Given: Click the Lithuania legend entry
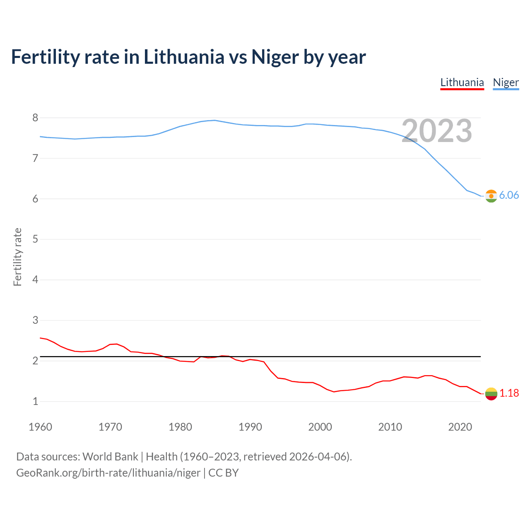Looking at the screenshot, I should click(462, 82).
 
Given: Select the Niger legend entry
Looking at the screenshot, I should click(506, 82).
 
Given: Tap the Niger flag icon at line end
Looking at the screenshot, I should click(491, 196).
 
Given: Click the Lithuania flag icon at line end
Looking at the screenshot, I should click(491, 393).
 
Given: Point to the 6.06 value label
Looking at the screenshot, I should click(509, 195).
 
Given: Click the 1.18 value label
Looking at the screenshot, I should click(509, 393).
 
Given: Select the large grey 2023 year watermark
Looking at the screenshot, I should click(437, 131).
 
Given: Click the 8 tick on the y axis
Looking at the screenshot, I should click(35, 118).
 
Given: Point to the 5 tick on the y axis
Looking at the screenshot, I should click(35, 239).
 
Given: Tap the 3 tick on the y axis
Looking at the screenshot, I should click(35, 320).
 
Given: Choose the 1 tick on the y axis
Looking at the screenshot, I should click(35, 401).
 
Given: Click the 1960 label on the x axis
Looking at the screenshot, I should click(40, 427).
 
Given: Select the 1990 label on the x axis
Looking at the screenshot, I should click(250, 427).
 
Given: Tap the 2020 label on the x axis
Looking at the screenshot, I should click(460, 427).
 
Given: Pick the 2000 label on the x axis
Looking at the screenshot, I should click(320, 427).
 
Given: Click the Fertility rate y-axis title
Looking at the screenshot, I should click(17, 257).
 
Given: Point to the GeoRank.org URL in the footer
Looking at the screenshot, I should click(108, 473).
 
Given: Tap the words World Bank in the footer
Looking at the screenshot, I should click(110, 457).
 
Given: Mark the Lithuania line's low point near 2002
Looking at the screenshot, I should click(334, 392).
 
